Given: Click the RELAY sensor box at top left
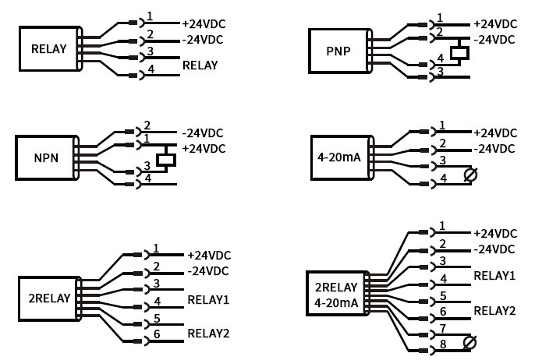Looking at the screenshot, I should pos(48,49).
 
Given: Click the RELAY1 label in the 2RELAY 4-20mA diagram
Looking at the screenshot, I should pos(494,276).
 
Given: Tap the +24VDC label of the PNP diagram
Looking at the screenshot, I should pos(495,24).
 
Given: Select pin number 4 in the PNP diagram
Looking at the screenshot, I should pos(441,58).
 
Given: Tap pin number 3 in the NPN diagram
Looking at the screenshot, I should pos(147,165).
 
